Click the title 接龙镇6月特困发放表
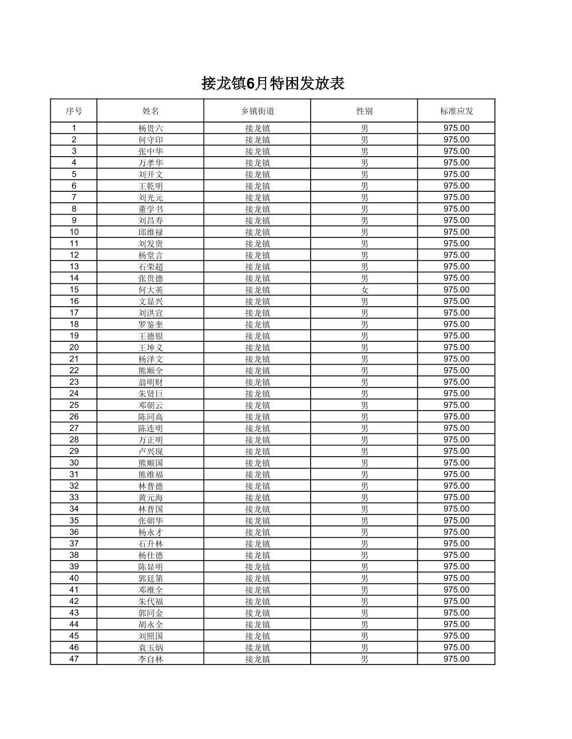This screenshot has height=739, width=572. pos(273,83)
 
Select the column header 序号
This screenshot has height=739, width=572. pos(74,111)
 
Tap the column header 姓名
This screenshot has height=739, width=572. pos(151,111)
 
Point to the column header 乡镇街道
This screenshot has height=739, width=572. pos(257,111)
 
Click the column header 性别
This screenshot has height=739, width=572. pos(364,111)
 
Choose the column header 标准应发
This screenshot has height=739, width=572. pos(456,111)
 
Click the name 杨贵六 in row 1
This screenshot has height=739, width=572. pos(151,128)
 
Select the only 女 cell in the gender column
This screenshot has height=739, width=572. pos(364,290)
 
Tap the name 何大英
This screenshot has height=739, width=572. pos(151,290)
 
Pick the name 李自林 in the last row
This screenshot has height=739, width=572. pos(151,659)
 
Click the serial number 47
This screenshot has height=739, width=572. pos(74,659)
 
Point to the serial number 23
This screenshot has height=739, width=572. pos(74,382)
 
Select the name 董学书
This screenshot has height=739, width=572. pos(151,209)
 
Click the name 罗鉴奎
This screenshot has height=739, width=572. pos(151,324)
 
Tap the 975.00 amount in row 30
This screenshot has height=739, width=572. pos(456,463)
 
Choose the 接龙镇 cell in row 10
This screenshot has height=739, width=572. pos(257,232)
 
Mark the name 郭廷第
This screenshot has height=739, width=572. pos(151,578)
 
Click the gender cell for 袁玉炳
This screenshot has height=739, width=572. pos(364,647)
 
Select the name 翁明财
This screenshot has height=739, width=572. pos(151,382)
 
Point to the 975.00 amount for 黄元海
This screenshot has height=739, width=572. pos(456,497)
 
